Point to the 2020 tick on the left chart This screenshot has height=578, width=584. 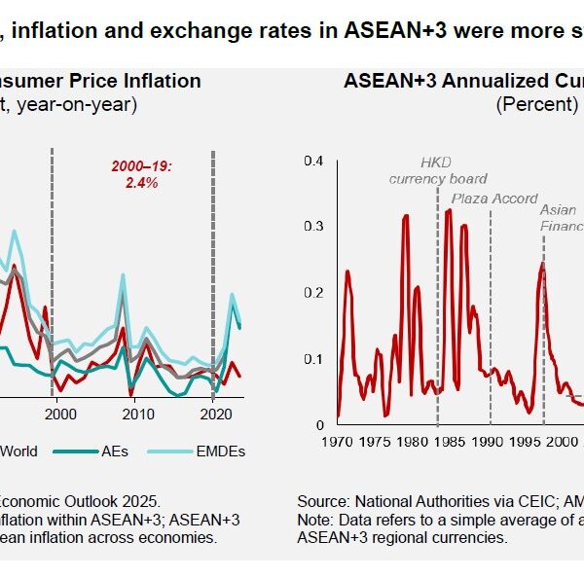[213, 414]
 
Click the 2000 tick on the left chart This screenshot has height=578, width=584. [59, 414]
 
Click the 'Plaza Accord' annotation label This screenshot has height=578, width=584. [494, 199]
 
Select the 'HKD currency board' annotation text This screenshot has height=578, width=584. [438, 170]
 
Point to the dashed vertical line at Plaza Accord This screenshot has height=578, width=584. [491, 311]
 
